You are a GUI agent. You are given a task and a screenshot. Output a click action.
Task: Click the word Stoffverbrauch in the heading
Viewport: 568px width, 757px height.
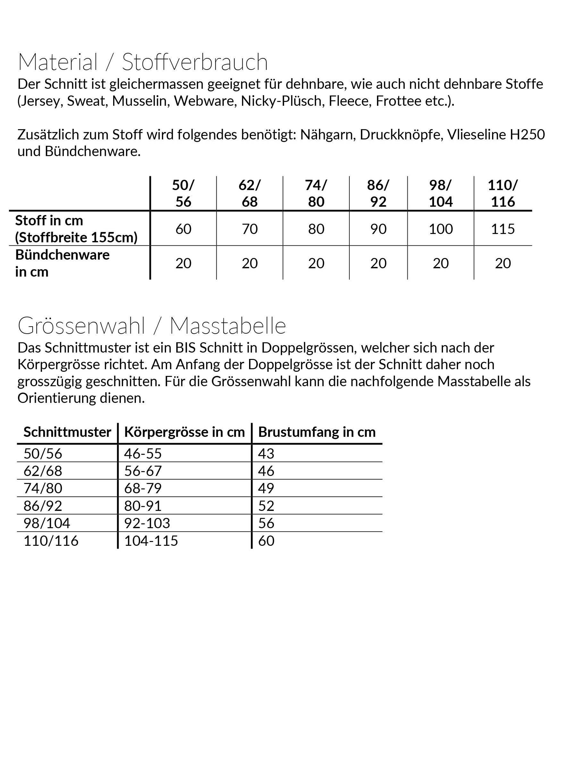pyautogui.click(x=195, y=62)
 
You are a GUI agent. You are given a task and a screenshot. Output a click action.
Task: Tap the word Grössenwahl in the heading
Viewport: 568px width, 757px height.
pyautogui.click(x=81, y=326)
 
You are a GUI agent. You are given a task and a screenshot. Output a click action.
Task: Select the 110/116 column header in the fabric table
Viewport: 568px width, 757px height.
pyautogui.click(x=503, y=193)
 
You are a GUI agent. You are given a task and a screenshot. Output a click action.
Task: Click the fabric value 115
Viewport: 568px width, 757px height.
pyautogui.click(x=503, y=229)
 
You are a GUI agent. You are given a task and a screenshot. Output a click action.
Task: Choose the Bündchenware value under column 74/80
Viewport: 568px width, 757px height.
pyautogui.click(x=316, y=263)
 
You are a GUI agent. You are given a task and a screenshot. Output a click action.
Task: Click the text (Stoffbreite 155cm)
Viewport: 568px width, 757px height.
pyautogui.click(x=76, y=237)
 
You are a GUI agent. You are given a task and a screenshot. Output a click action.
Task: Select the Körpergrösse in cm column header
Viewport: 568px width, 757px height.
pyautogui.click(x=185, y=432)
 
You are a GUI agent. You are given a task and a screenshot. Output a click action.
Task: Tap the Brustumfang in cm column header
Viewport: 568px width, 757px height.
pyautogui.click(x=317, y=432)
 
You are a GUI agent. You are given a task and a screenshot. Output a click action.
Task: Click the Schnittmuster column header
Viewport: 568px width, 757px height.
pyautogui.click(x=67, y=432)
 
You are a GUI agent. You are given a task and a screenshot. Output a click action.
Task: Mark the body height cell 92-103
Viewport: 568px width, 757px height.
pyautogui.click(x=147, y=523)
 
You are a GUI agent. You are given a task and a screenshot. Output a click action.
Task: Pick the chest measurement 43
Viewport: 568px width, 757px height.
pyautogui.click(x=266, y=453)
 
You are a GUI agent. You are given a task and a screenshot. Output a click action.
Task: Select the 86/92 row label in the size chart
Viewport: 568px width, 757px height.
pyautogui.click(x=43, y=505)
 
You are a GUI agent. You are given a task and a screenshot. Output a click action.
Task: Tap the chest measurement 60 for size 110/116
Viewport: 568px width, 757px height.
pyautogui.click(x=266, y=541)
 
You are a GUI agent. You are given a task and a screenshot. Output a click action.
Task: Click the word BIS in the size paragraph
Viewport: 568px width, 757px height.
pyautogui.click(x=186, y=348)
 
